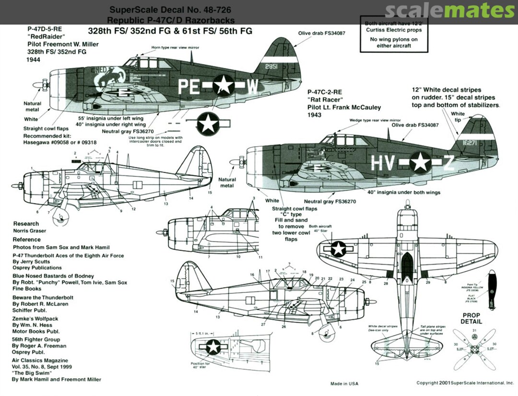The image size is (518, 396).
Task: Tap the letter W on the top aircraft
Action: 253,86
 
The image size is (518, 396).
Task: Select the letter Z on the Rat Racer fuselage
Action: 447,163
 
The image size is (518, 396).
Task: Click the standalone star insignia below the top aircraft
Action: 208,124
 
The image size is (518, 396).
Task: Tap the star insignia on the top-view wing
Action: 339,248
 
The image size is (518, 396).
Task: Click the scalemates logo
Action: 449,11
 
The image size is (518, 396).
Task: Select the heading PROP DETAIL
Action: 471,318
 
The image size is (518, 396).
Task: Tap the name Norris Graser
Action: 30,231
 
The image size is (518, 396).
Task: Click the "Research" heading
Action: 26,224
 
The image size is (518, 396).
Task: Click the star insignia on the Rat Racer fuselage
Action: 421,162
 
